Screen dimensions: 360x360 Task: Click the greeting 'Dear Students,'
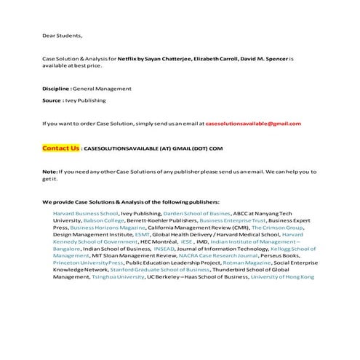62,35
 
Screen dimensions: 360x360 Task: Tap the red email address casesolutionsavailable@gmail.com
253,123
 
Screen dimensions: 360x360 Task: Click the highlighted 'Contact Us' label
60,148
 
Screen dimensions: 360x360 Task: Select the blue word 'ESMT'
143,235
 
